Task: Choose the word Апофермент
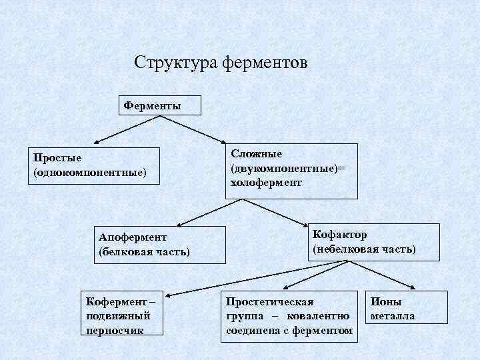coord(133,237)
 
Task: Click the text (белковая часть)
coord(144,252)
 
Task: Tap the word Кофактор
coord(339,235)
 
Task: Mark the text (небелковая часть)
coord(364,249)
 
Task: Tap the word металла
coord(393,316)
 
